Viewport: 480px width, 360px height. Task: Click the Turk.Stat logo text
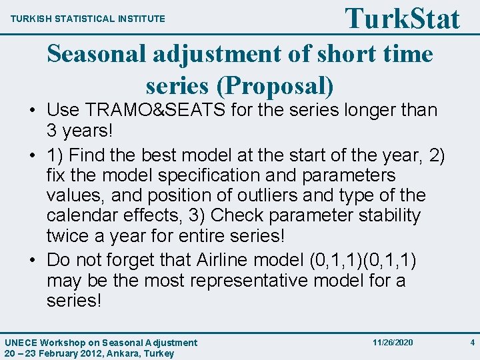[402, 18]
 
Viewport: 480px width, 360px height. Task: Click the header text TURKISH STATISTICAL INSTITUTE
[87, 19]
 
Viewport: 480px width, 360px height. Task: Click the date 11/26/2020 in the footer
[393, 342]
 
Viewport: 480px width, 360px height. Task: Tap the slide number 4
[472, 342]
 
